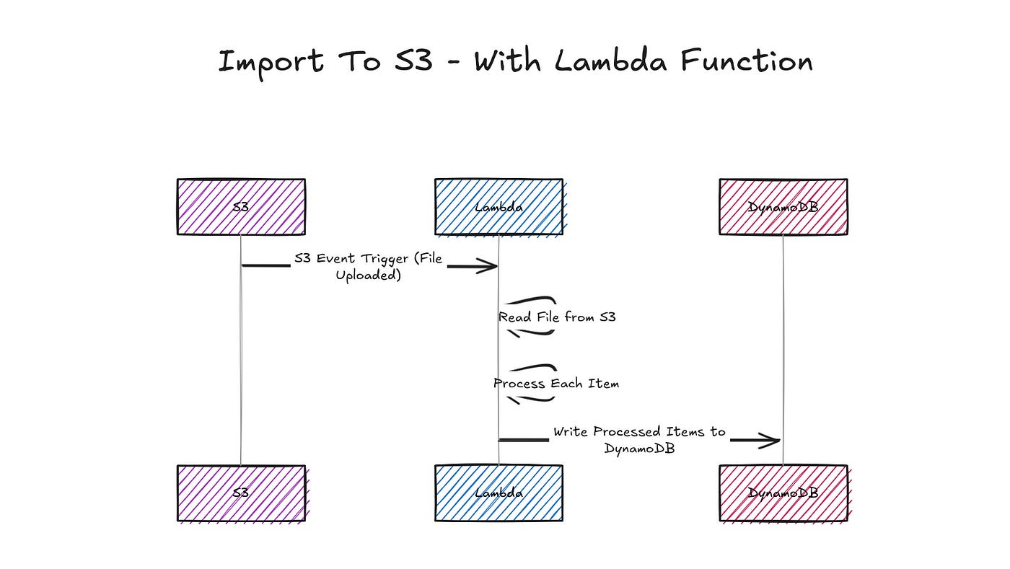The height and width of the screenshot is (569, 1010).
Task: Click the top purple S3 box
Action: coord(241,207)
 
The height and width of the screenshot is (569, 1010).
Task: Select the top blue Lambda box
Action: coord(499,207)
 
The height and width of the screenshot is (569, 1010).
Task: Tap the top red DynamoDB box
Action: coord(783,207)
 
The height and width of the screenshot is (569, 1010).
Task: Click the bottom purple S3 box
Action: coord(241,493)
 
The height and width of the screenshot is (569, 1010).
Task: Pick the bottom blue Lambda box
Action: coord(499,493)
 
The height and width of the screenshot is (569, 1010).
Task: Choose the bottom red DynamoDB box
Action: coord(783,493)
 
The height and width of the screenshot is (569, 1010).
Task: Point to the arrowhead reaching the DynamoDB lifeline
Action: coord(773,440)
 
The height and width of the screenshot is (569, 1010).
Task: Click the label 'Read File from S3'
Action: coord(557,317)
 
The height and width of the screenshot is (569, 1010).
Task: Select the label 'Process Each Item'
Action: coord(556,384)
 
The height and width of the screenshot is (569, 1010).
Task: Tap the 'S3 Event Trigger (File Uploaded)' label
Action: coord(368,267)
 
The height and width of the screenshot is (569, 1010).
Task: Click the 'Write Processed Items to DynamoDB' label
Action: coord(639,439)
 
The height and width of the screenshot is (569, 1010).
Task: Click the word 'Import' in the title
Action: coord(271,62)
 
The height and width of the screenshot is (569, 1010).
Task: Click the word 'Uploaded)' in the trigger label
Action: coord(368,275)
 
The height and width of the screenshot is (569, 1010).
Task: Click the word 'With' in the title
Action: coord(508,61)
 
